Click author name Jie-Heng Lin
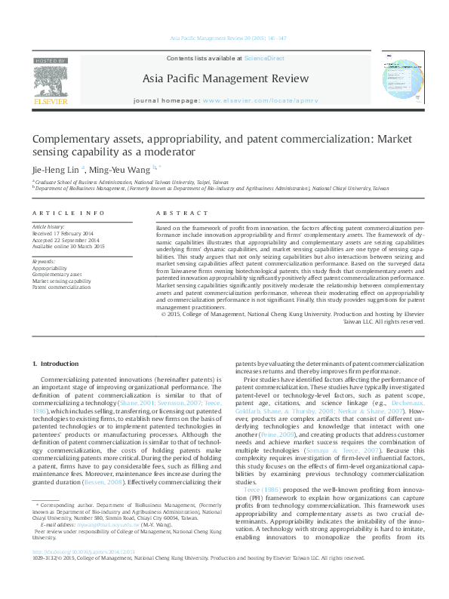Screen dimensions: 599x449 (55, 169)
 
